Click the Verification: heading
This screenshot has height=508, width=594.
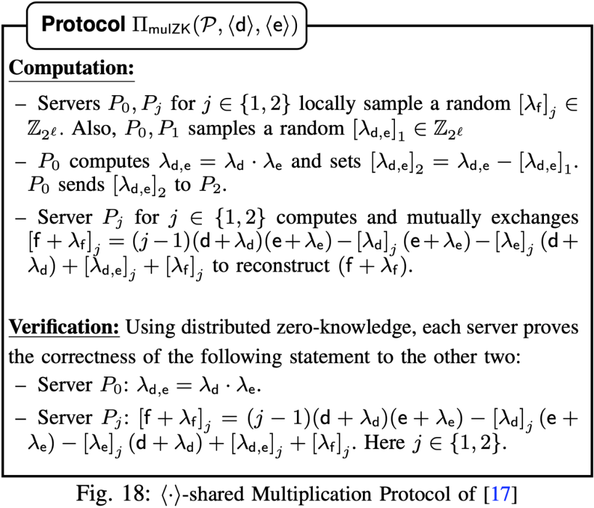64,328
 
